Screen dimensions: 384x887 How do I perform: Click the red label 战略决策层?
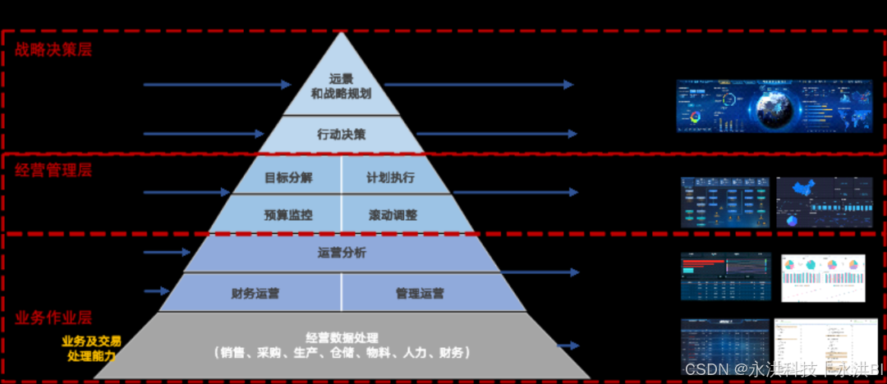click(53, 49)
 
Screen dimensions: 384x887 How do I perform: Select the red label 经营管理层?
click(53, 171)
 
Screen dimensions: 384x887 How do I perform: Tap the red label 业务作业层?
click(53, 318)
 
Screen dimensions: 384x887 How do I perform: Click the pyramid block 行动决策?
click(341, 134)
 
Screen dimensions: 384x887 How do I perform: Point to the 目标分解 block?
click(288, 177)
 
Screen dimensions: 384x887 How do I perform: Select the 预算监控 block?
click(288, 215)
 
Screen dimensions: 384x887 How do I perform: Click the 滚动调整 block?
click(393, 215)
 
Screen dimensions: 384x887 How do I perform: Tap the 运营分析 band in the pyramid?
click(342, 253)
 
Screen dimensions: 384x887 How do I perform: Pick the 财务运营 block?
click(256, 293)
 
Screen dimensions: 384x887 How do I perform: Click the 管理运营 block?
click(420, 293)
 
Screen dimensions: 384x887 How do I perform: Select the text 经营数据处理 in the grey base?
click(342, 338)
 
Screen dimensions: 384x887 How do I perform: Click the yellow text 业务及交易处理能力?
click(91, 348)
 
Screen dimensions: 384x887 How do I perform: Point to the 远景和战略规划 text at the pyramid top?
click(341, 86)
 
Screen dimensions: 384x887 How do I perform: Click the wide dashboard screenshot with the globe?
click(774, 106)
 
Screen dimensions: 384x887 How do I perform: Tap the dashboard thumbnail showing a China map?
click(824, 202)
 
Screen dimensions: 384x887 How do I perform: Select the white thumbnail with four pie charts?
click(823, 277)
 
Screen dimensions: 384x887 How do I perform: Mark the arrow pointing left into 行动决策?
click(204, 134)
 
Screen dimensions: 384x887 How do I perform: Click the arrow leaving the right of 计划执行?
click(515, 192)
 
